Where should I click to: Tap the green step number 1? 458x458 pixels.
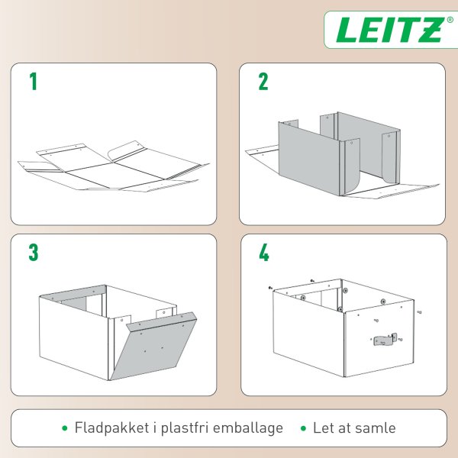pos(33,82)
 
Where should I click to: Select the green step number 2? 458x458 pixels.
pos(263,82)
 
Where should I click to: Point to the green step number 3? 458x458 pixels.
pos(34,253)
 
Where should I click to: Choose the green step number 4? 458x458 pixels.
pos(264,253)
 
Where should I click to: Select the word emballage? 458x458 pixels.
pos(250,428)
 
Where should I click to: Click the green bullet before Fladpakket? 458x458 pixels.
pos(65,428)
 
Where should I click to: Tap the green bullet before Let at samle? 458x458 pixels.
pos(304,428)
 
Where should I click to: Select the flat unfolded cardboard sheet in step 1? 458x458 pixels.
pos(111,168)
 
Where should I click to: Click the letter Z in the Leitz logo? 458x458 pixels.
pos(430,31)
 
